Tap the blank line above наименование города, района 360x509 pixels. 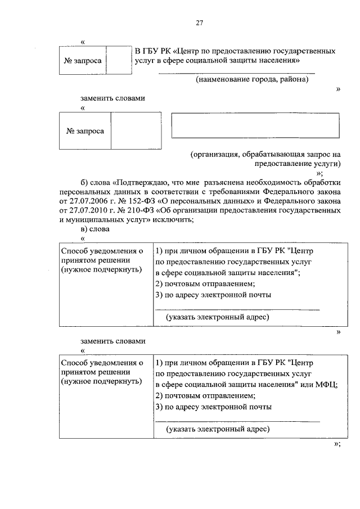236,73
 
